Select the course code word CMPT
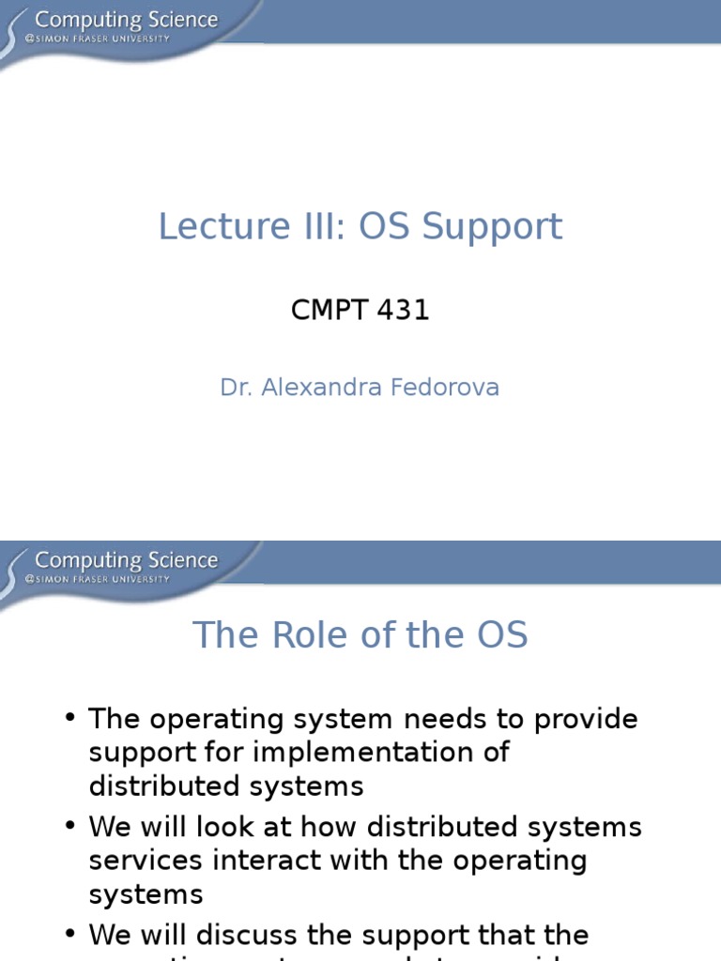point(328,310)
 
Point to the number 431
point(401,310)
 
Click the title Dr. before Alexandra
point(236,387)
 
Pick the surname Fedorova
point(449,387)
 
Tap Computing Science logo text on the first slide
point(126,19)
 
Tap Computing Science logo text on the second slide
point(126,560)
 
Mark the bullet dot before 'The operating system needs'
point(70,718)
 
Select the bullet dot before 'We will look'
point(70,826)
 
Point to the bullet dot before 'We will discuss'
point(70,934)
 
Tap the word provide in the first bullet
point(586,720)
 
